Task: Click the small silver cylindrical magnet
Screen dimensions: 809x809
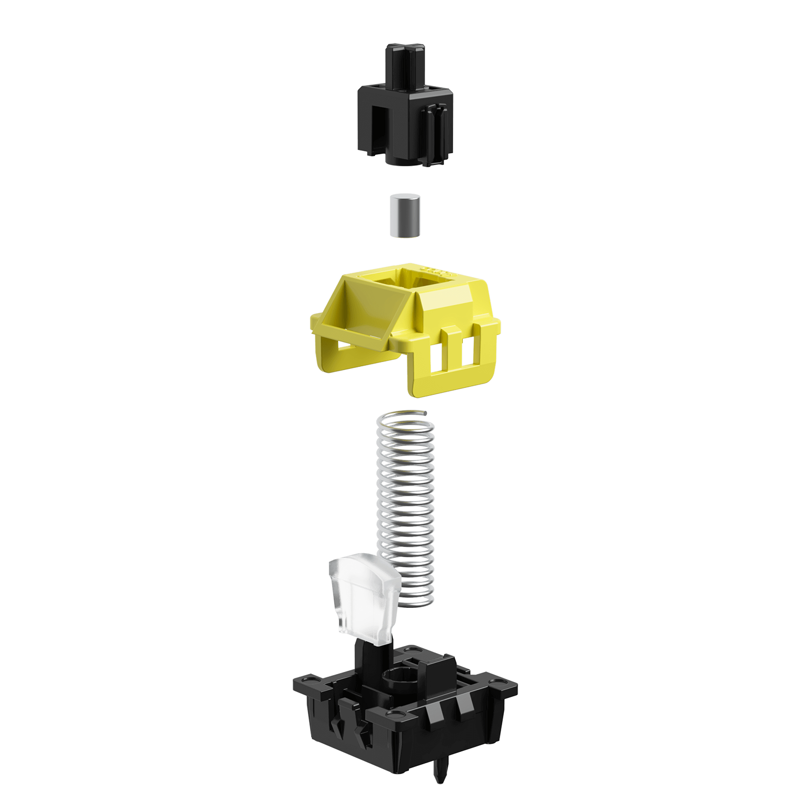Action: point(404,216)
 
